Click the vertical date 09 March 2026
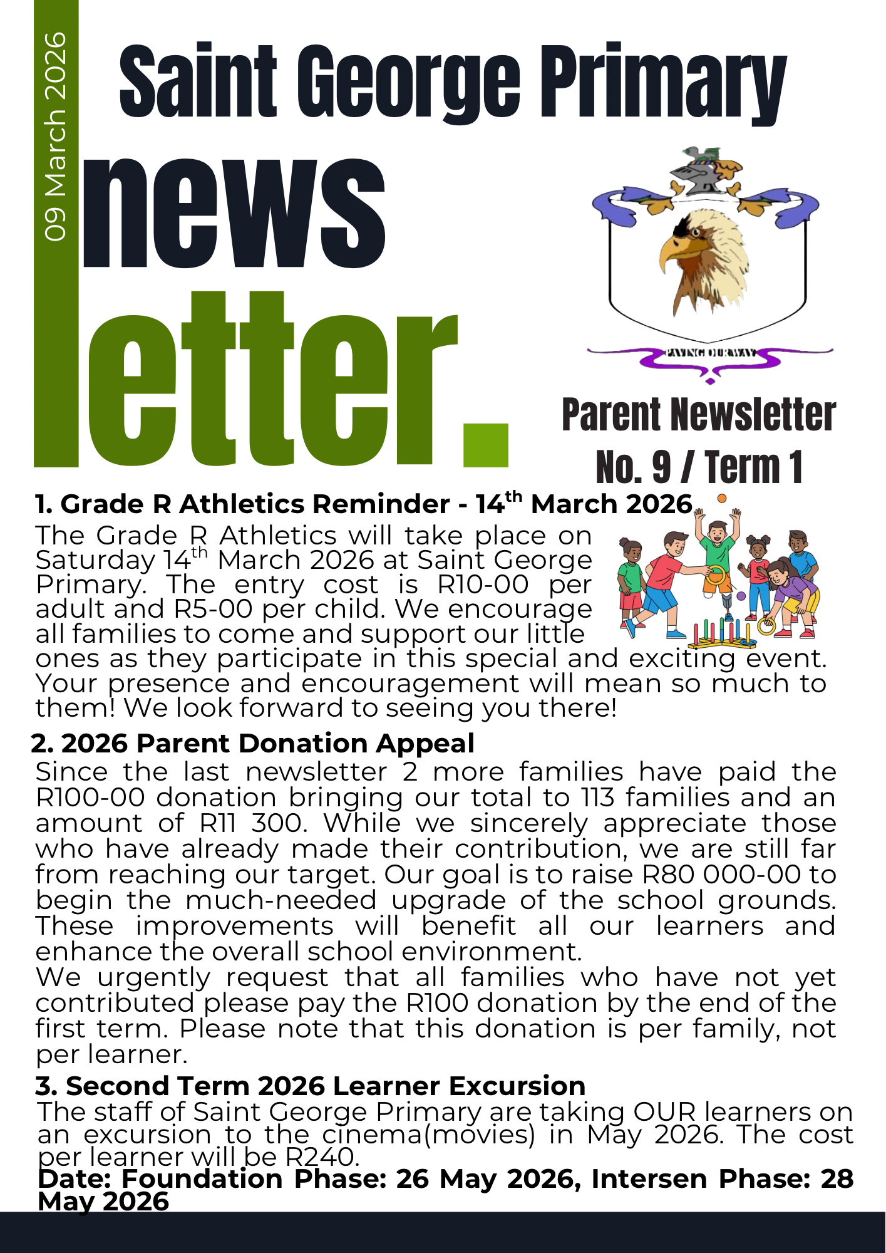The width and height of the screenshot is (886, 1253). click(55, 137)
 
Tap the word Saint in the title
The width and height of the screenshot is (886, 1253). click(198, 81)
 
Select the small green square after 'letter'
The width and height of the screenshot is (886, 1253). click(485, 445)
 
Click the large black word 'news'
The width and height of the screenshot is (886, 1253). click(233, 213)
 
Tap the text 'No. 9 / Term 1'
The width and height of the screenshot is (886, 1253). click(699, 467)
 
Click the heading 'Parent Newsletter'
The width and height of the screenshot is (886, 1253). click(699, 415)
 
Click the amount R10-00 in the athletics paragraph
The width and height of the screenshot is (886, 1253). click(483, 585)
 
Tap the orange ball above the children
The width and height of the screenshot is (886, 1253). click(722, 498)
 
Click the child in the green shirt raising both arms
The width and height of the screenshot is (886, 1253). click(717, 551)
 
